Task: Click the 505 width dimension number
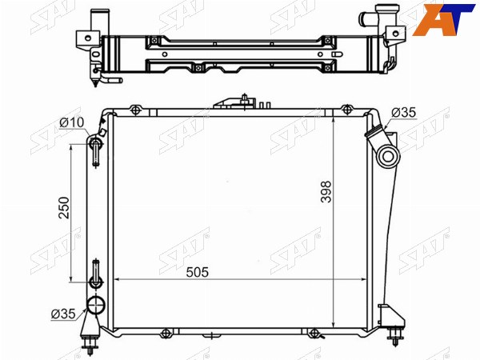pyautogui.click(x=197, y=272)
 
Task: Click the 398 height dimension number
pyautogui.click(x=326, y=192)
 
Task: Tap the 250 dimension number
pyautogui.click(x=64, y=207)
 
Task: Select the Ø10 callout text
pyautogui.click(x=71, y=122)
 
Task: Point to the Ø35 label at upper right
pyautogui.click(x=404, y=113)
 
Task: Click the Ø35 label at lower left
pyautogui.click(x=63, y=314)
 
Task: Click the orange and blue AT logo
pyautogui.click(x=443, y=19)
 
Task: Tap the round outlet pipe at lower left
pyautogui.click(x=96, y=305)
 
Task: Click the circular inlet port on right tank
pyautogui.click(x=388, y=157)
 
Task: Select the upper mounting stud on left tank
pyautogui.click(x=96, y=152)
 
